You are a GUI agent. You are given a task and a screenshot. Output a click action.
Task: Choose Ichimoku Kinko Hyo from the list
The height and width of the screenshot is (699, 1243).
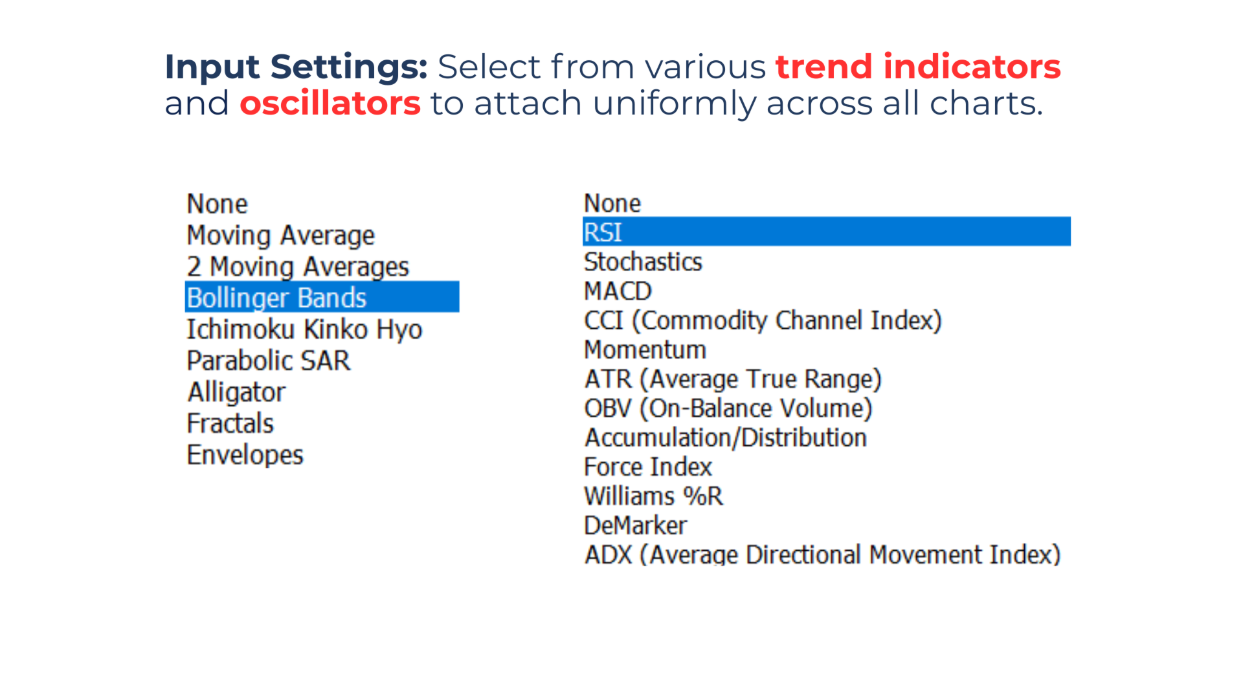[304, 329]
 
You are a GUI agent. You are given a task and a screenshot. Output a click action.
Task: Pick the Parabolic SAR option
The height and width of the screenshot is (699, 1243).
[268, 361]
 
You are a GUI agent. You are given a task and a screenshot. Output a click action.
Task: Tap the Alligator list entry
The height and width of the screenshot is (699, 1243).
[236, 392]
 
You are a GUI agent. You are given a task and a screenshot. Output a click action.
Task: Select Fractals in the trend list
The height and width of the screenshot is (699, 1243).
[230, 423]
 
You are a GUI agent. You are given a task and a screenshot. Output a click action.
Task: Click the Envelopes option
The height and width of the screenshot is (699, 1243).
[245, 455]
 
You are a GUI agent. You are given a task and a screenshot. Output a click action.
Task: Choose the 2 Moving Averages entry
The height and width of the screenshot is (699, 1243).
[298, 267]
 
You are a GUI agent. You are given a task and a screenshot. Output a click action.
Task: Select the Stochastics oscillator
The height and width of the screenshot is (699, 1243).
[643, 262]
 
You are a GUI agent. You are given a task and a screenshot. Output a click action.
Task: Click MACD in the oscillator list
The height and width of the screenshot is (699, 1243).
[618, 291]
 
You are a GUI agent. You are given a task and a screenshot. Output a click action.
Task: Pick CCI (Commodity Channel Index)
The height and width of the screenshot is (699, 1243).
[763, 321]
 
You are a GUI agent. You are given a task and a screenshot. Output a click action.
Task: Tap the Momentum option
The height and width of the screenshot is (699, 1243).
[645, 350]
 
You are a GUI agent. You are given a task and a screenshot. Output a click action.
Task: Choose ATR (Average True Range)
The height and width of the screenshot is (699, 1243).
[733, 379]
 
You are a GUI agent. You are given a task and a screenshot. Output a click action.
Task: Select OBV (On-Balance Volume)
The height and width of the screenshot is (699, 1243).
[728, 408]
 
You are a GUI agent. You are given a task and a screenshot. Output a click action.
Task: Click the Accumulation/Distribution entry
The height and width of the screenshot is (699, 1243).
[726, 438]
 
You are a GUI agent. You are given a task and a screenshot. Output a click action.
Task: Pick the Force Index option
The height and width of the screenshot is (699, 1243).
[647, 467]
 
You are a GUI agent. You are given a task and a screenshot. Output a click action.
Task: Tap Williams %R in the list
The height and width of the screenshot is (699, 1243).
[653, 496]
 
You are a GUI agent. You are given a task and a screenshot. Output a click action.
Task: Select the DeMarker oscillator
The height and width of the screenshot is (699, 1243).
[635, 526]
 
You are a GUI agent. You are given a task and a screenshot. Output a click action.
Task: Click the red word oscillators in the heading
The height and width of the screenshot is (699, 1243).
[330, 104]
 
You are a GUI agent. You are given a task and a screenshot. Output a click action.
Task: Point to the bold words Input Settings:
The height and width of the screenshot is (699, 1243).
[296, 67]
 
